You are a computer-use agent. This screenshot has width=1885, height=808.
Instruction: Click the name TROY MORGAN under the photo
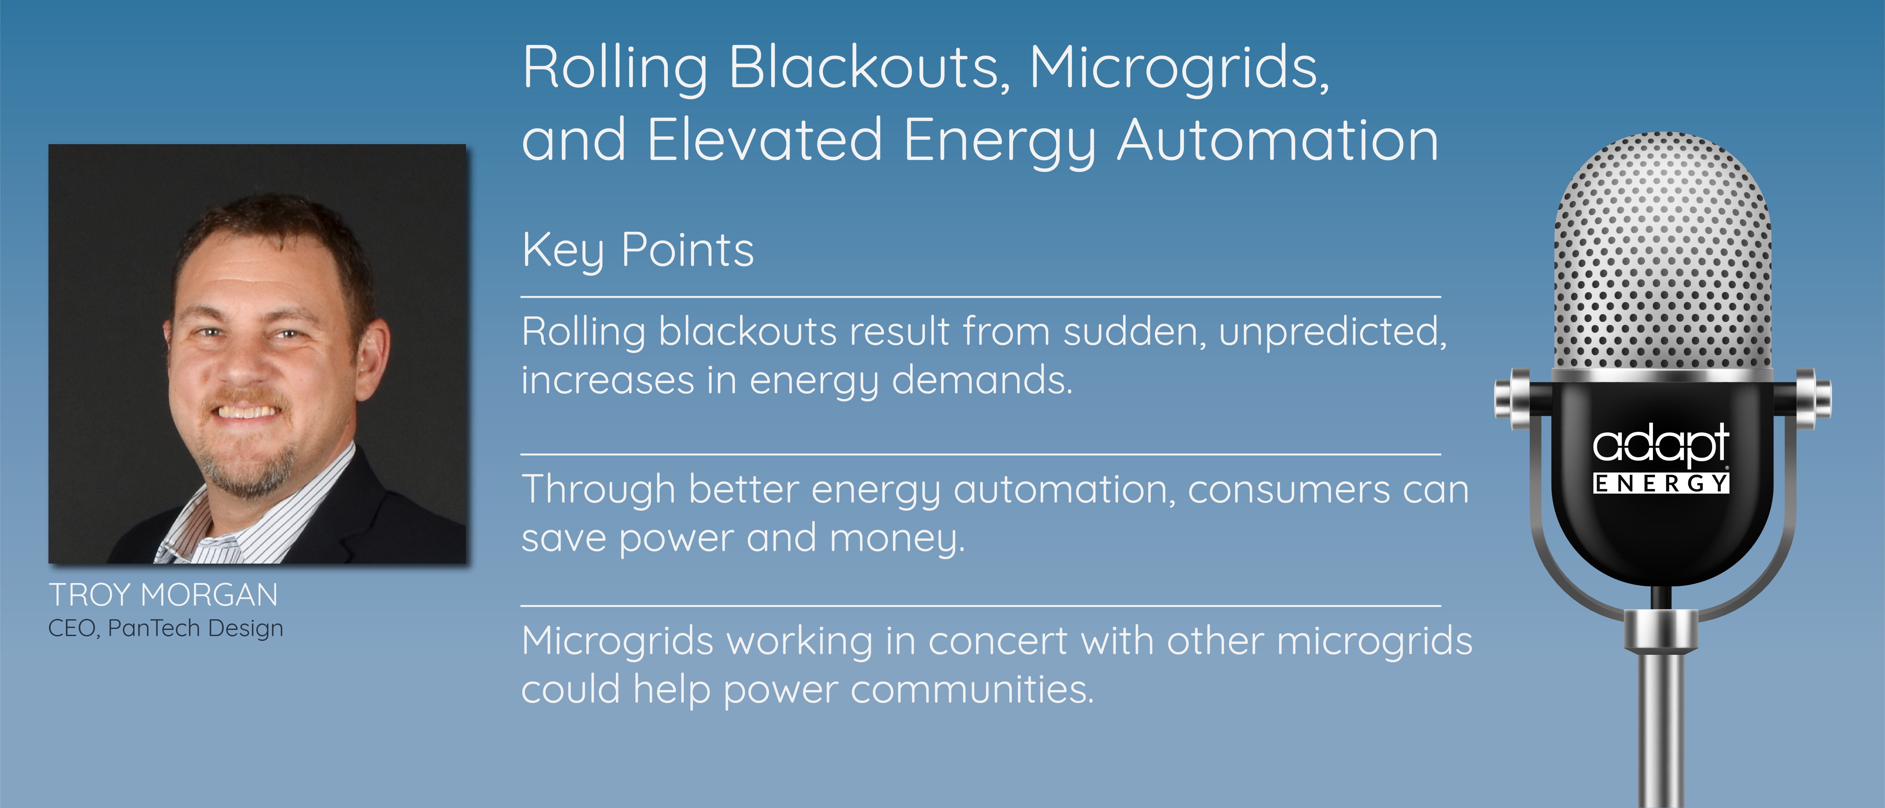pyautogui.click(x=163, y=595)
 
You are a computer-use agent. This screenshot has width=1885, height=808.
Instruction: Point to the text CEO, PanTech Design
pyautogui.click(x=165, y=628)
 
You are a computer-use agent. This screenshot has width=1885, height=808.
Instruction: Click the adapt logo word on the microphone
pyautogui.click(x=1660, y=444)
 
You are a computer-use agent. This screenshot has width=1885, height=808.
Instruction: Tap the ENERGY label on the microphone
pyautogui.click(x=1661, y=483)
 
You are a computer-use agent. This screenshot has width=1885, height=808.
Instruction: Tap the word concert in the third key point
pyautogui.click(x=998, y=642)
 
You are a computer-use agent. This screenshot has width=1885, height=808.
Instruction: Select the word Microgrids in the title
pyautogui.click(x=1179, y=68)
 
